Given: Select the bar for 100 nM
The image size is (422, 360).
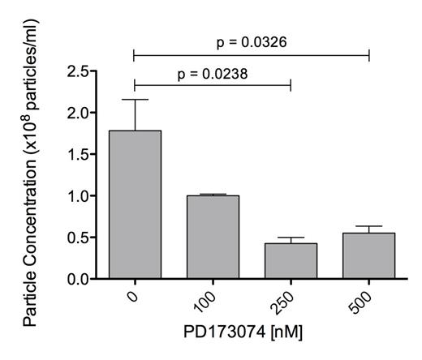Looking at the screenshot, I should (212, 237).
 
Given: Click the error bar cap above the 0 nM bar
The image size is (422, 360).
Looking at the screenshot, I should (134, 100).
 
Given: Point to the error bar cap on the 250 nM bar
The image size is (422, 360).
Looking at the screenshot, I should (290, 238).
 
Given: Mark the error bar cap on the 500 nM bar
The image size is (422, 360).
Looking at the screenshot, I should (368, 226).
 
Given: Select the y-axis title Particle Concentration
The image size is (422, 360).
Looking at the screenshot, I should (32, 174).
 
